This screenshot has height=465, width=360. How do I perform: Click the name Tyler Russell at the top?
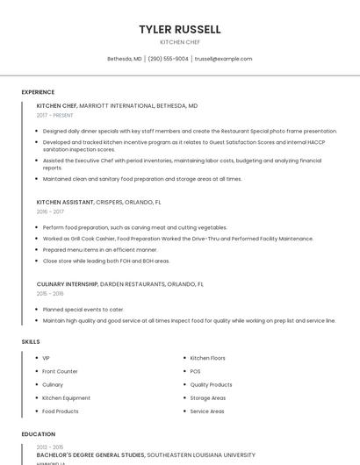click(x=180, y=29)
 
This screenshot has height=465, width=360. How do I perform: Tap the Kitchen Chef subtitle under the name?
click(x=180, y=42)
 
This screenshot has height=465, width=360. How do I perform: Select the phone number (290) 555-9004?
click(x=169, y=59)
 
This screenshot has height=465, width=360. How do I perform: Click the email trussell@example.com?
click(x=223, y=59)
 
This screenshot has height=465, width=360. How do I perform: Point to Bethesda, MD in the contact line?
click(x=124, y=59)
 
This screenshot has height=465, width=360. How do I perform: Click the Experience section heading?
click(x=38, y=92)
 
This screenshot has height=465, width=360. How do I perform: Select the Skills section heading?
click(x=31, y=340)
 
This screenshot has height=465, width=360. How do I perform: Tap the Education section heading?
click(x=38, y=434)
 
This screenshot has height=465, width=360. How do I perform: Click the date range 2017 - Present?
click(x=55, y=115)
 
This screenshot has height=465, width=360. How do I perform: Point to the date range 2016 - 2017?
click(x=50, y=211)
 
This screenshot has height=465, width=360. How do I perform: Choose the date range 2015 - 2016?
click(x=50, y=294)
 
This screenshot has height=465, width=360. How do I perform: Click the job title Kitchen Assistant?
click(x=65, y=202)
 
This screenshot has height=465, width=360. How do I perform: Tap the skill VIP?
click(x=47, y=358)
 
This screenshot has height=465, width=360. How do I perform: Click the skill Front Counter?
click(x=60, y=371)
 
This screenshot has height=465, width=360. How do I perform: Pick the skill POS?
click(x=195, y=371)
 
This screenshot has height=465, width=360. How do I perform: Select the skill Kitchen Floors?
click(x=207, y=358)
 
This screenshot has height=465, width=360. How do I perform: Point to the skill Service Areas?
click(x=207, y=411)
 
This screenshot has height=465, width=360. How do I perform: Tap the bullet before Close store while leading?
click(x=38, y=261)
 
